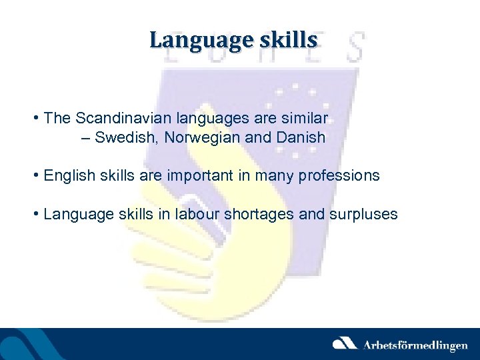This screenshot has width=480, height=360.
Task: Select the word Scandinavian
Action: point(115,119)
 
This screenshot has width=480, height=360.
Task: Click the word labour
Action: point(195,215)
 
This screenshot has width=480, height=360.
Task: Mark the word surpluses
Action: point(363,215)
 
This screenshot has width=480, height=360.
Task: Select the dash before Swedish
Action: point(85,138)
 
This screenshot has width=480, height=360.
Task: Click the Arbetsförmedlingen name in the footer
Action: point(415,345)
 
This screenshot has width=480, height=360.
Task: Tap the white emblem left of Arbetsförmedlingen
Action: point(345,344)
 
